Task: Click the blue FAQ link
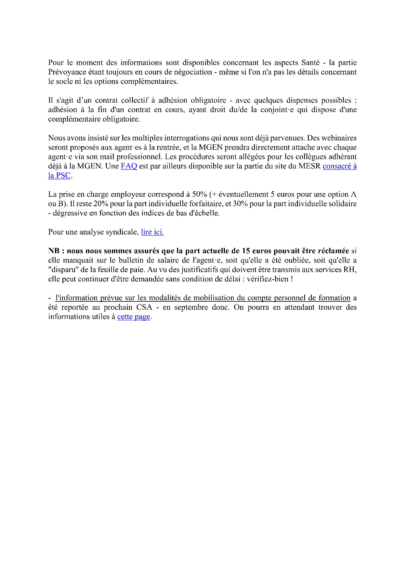point(129,166)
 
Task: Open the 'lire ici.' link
point(152,232)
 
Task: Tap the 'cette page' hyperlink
point(134,317)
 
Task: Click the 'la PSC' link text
point(59,176)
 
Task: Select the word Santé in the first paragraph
point(310,63)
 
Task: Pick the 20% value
point(101,204)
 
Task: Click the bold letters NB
point(54,251)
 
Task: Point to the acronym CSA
point(144,307)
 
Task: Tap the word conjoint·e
point(277,110)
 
